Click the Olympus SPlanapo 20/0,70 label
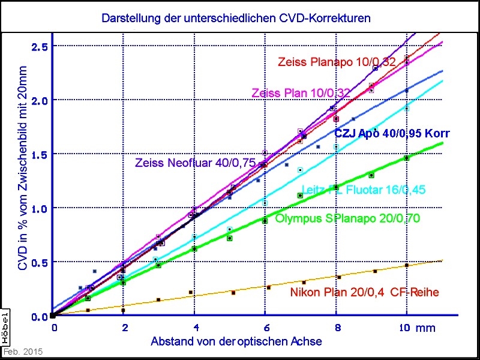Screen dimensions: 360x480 point(347,218)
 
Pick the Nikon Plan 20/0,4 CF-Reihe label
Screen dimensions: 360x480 point(365,293)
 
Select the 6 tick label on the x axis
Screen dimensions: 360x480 point(265,328)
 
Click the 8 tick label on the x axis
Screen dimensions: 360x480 point(337,328)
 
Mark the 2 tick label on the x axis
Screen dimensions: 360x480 point(124,328)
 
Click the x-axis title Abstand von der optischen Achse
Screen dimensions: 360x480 point(236,341)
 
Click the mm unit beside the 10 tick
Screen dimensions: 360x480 point(426,328)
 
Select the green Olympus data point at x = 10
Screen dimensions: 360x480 point(407,158)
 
